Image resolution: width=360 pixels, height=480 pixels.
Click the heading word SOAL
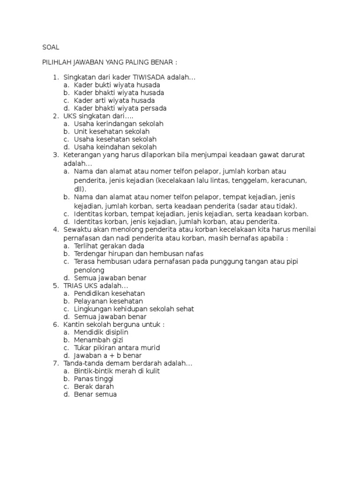pos(51,47)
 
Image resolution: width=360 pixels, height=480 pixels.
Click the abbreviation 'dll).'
pos(80,188)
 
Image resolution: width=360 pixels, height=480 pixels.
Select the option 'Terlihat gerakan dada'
pos(109,246)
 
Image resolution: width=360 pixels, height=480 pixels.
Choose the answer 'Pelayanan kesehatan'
pos(108,301)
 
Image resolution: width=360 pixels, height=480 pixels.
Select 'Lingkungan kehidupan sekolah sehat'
pos(134,309)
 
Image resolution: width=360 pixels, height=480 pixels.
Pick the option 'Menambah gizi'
pos(98,340)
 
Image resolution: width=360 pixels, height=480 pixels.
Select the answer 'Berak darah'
pos(94,387)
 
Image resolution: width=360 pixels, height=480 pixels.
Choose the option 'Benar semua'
pos(95,395)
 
